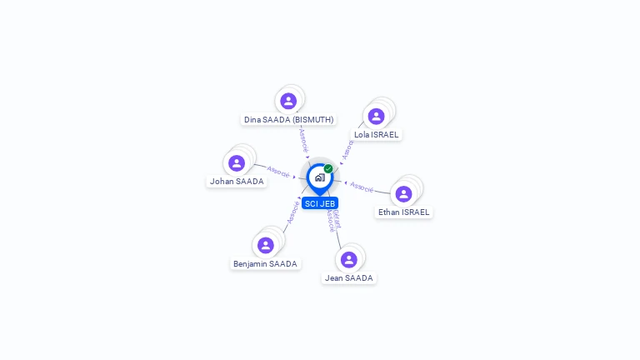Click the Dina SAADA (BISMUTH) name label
point(288,119)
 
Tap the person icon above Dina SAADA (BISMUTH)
point(288,101)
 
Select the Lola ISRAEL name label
point(376,134)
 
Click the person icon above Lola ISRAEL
point(376,116)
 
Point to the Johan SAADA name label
point(237,181)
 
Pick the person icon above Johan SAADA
point(237,162)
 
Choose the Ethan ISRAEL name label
point(403,212)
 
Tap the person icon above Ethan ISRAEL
point(403,193)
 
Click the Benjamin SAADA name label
point(265,263)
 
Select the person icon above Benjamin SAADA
point(265,245)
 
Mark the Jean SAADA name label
point(349,277)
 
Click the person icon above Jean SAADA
point(349,259)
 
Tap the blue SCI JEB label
point(320,203)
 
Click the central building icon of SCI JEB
point(319,177)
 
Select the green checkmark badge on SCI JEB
point(328,168)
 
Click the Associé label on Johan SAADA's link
point(278,173)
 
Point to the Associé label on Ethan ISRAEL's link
point(362,187)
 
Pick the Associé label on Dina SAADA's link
point(303,139)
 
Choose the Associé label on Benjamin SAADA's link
point(292,211)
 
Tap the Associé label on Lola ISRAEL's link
point(347,150)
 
